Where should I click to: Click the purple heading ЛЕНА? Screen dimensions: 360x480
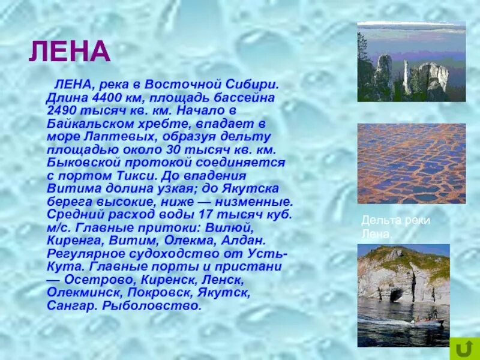(70, 53)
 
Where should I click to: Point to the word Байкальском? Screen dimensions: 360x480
(91, 124)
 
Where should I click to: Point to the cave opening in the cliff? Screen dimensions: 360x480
(396, 295)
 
